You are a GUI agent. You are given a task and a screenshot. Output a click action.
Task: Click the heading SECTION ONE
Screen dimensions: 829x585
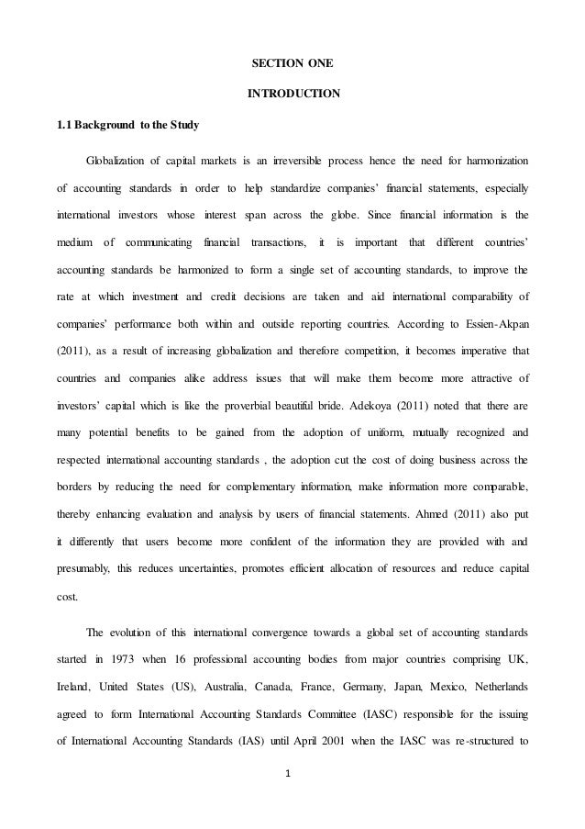pos(292,63)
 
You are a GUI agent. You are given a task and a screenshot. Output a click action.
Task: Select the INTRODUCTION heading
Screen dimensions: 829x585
pos(292,93)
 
